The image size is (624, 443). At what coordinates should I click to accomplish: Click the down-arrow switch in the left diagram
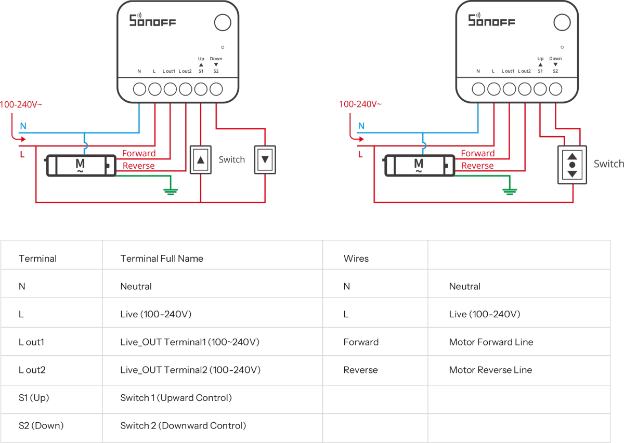click(x=266, y=159)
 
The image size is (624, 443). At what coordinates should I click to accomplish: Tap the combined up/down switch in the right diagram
click(x=571, y=164)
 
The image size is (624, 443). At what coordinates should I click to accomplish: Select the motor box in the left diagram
click(x=80, y=166)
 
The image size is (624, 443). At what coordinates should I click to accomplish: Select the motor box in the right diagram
click(x=419, y=166)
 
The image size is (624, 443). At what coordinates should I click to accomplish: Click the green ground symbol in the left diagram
click(x=168, y=191)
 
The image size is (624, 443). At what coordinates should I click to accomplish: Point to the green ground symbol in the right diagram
click(x=509, y=191)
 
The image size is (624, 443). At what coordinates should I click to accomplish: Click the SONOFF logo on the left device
click(x=152, y=21)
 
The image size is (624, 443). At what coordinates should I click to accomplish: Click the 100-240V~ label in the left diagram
click(x=21, y=104)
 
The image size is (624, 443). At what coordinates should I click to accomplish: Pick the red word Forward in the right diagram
click(x=477, y=153)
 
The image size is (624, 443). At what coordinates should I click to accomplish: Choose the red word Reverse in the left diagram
click(x=138, y=166)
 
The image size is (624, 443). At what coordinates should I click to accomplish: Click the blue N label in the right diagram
click(x=361, y=126)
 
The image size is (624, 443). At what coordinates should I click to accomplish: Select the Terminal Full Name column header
click(x=161, y=258)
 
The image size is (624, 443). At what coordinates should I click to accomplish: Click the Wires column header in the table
click(x=356, y=258)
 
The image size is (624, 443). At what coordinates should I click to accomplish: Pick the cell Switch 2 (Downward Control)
click(x=183, y=426)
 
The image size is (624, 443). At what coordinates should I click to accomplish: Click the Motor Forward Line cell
click(x=490, y=342)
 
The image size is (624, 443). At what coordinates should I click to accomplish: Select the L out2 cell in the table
click(x=32, y=370)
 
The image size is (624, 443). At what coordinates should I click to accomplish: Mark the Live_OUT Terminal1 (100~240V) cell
click(x=189, y=342)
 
